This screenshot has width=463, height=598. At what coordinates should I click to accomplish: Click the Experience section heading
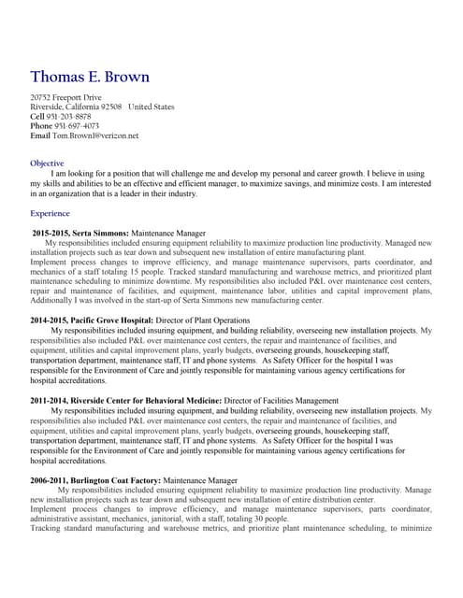[51, 213]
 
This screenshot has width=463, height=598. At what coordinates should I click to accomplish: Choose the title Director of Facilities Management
[281, 401]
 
